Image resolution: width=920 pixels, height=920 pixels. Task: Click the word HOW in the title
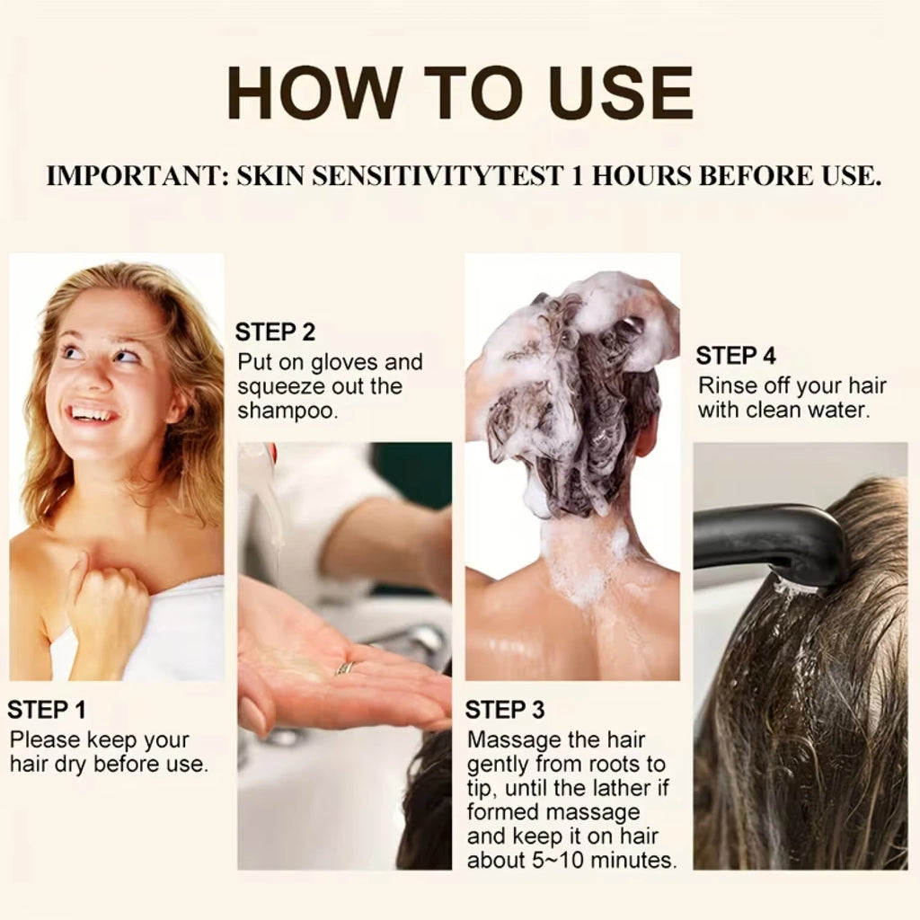[x=314, y=93]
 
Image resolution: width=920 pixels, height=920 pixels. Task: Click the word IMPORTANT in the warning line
[x=137, y=176]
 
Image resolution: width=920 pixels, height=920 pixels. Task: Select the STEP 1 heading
[x=47, y=710]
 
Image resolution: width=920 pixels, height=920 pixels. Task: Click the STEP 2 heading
[x=275, y=332]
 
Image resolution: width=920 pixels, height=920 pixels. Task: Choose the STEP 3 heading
[x=505, y=710]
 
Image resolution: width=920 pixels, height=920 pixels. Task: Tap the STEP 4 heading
[x=736, y=356]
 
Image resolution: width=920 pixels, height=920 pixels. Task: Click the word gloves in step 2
[x=344, y=363]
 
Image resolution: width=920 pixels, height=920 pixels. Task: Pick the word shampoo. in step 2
[x=288, y=411]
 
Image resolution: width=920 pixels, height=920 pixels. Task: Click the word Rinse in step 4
[x=726, y=386]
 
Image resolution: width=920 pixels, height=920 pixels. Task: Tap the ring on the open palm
[x=344, y=668]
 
